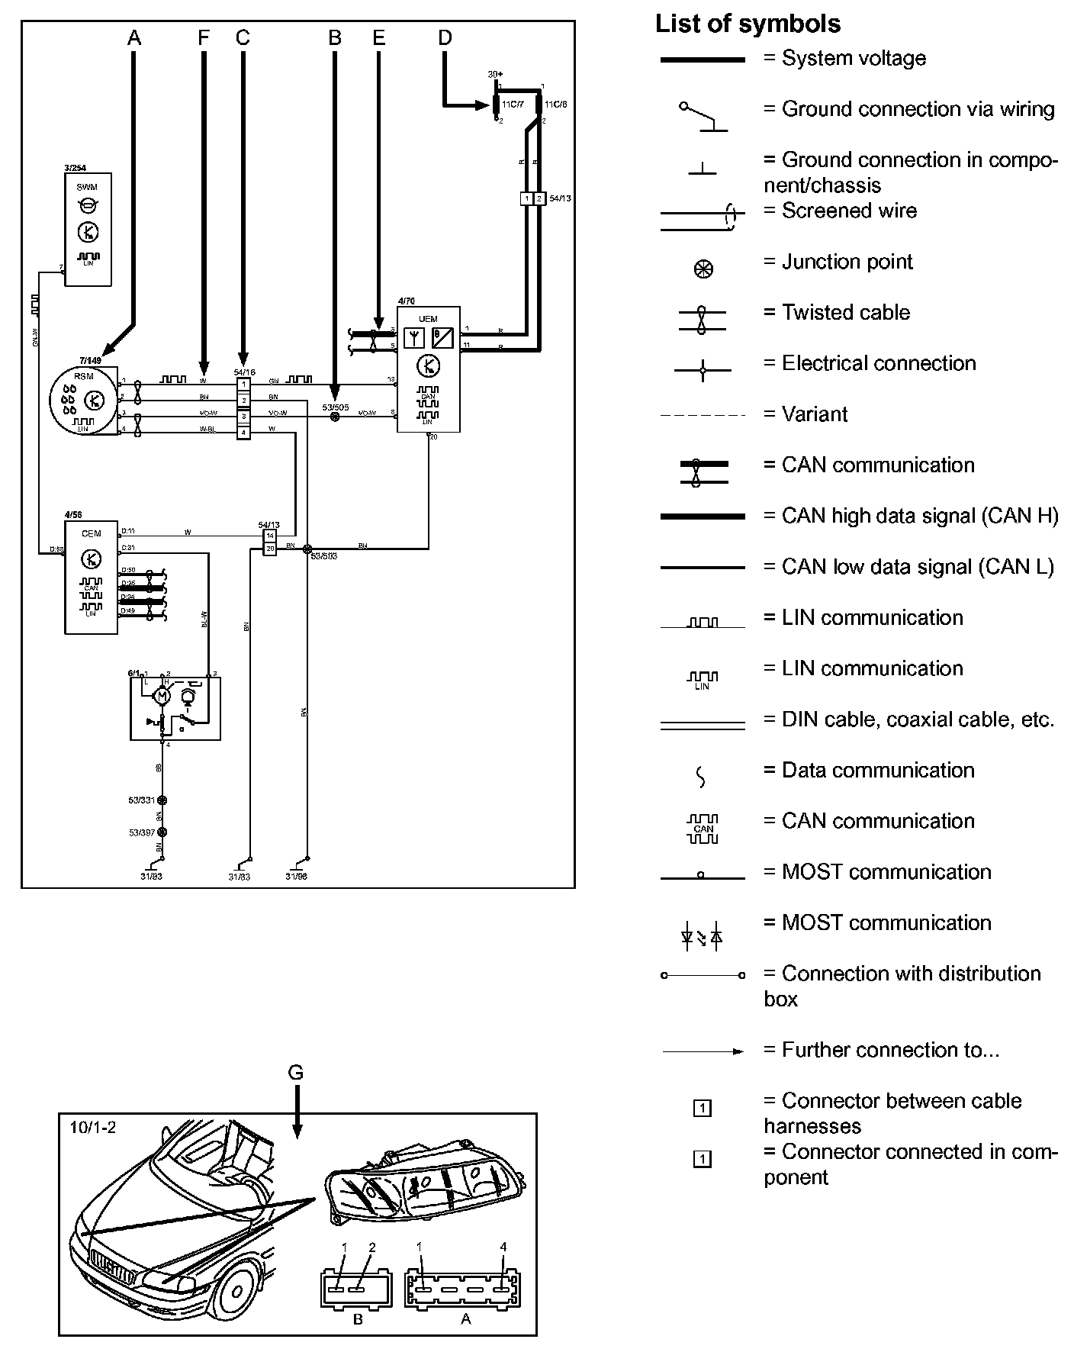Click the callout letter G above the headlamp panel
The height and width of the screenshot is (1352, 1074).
point(295,1072)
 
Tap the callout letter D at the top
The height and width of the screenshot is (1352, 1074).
point(445,37)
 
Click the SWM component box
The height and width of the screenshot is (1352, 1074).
point(88,230)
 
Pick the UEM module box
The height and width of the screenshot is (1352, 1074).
point(428,369)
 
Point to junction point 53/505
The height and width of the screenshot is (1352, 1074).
point(334,417)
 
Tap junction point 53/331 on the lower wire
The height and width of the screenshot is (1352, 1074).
point(161,800)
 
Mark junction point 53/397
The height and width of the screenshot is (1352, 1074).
point(161,832)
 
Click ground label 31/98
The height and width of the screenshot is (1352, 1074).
point(297,877)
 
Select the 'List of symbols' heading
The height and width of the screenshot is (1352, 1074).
point(748,24)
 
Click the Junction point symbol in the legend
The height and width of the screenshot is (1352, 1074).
point(703,269)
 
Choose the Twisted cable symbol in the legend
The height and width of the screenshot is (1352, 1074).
point(703,319)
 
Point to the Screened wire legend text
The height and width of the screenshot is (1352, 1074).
point(849,211)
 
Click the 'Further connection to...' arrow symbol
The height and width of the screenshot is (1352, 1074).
point(703,1051)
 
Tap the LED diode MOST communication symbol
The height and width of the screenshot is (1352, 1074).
point(702,936)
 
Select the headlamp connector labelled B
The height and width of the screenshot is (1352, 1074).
point(357,1289)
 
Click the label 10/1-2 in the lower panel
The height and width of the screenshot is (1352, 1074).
point(92,1126)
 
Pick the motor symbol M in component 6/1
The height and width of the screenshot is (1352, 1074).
point(162,695)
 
